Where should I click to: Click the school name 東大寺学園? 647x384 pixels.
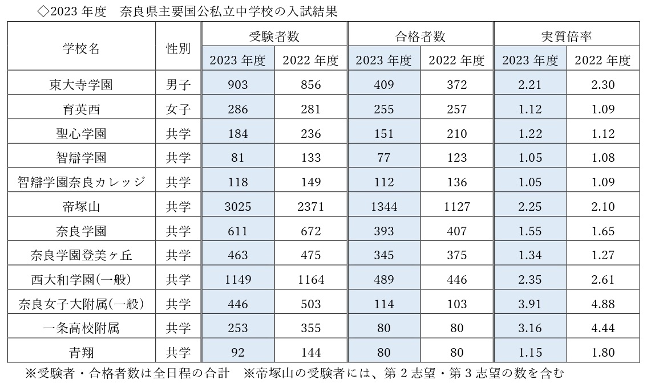[80, 85]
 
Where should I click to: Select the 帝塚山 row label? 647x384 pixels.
[80, 207]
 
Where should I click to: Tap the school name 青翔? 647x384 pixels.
[80, 352]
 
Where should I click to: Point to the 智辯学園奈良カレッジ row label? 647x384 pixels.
[80, 182]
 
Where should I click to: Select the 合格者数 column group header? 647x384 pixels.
[420, 36]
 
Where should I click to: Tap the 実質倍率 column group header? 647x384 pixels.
[566, 36]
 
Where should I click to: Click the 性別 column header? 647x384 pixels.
[178, 48]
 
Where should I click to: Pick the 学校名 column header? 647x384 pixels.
[80, 48]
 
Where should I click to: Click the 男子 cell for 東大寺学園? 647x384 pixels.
[178, 85]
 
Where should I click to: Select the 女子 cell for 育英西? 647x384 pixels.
[178, 109]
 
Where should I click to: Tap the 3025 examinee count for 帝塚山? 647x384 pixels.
[237, 207]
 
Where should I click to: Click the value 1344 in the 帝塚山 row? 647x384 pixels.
[383, 207]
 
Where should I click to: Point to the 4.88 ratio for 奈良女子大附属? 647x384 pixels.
[602, 304]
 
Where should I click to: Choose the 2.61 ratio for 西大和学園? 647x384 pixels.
[602, 280]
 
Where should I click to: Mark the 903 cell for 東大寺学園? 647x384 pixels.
[237, 85]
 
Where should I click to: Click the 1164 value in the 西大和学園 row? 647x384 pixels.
[310, 280]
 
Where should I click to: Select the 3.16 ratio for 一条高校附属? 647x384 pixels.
[529, 328]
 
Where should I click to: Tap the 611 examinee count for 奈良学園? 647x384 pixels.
[237, 231]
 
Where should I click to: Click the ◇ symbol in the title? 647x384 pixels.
[43, 12]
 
